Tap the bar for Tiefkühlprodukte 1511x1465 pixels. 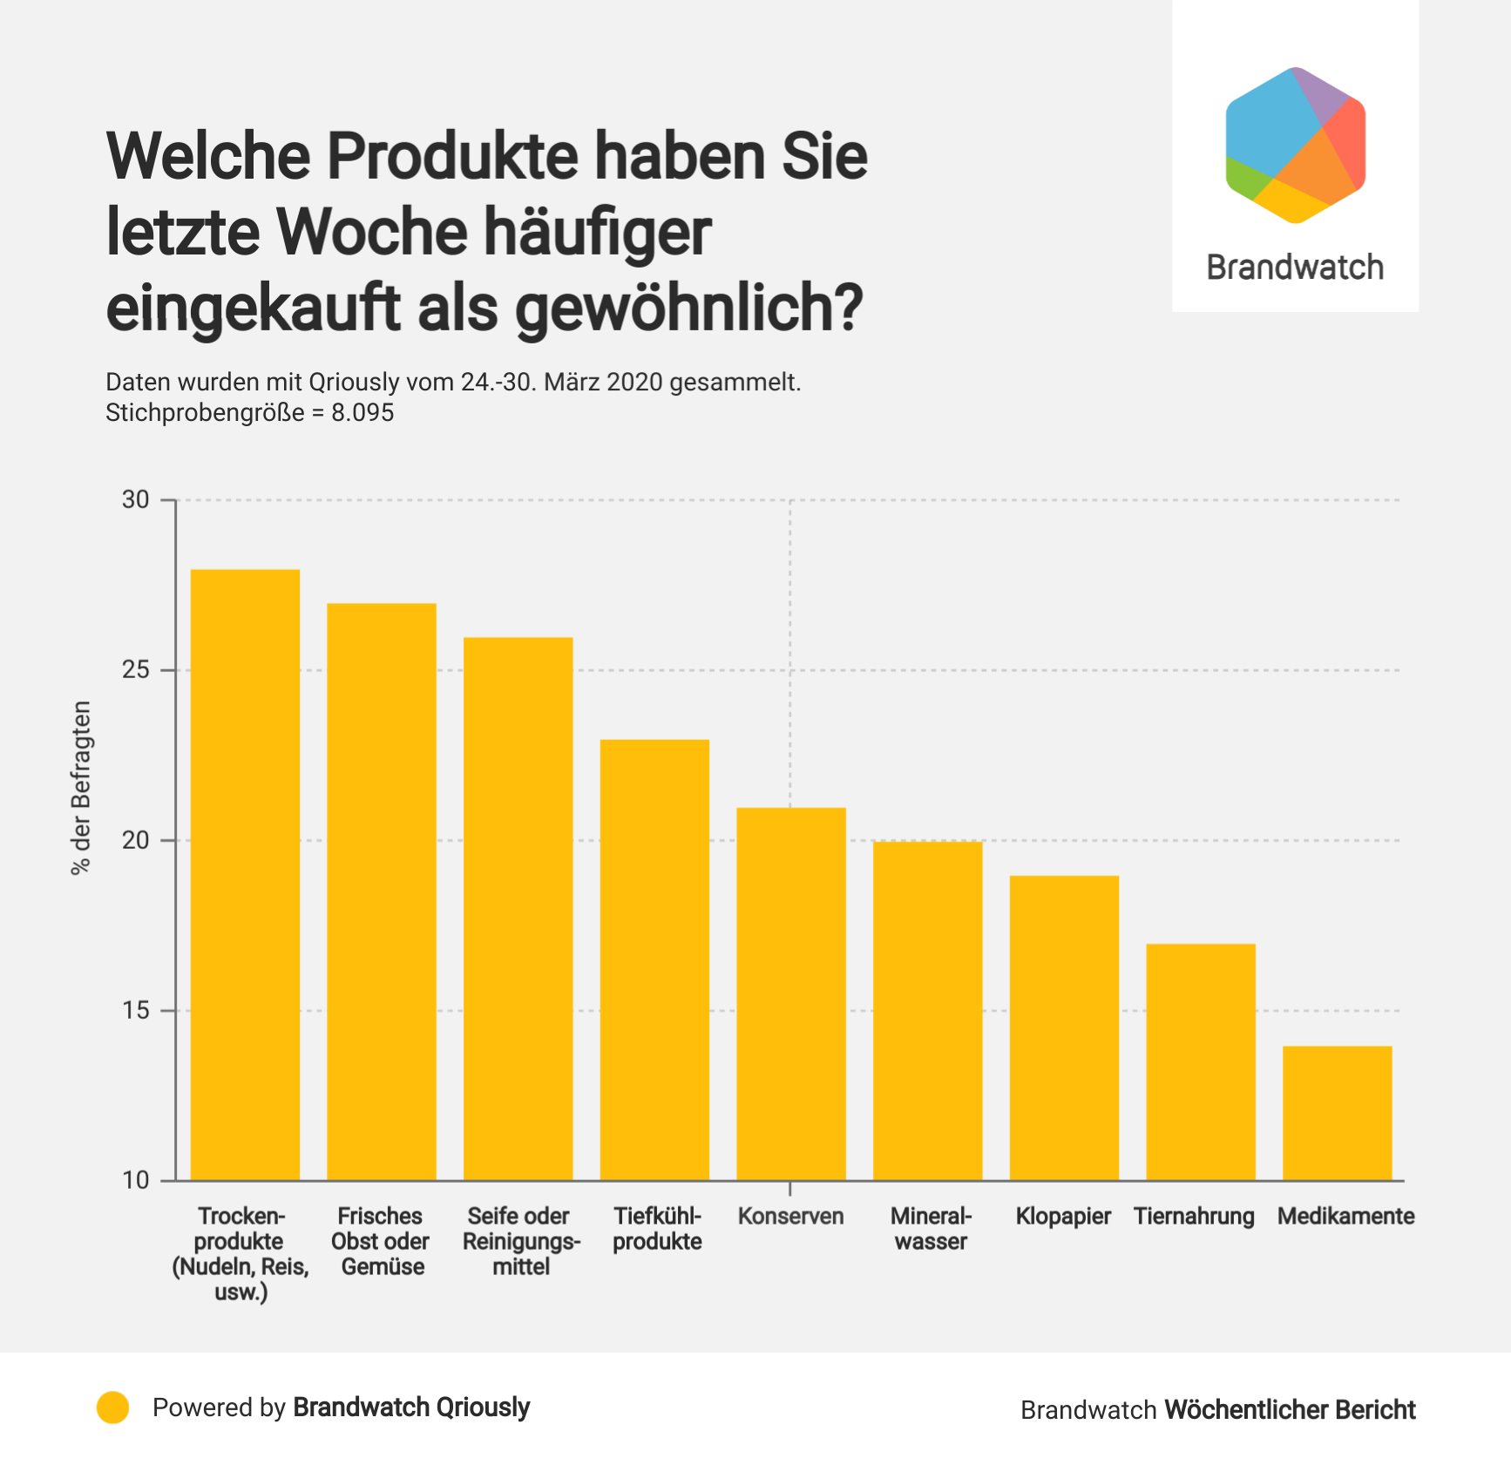654,960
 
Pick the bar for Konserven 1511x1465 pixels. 791,994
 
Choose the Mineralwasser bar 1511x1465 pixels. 927,1011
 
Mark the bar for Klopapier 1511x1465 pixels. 1064,1028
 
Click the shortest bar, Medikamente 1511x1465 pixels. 1337,1113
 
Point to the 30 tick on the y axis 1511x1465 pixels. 136,500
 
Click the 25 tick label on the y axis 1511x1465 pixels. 136,670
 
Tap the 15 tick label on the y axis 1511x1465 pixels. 136,1011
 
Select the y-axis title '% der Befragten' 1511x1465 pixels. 81,788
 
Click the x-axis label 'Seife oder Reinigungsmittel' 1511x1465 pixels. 520,1241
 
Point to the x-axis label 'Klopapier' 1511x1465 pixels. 1063,1217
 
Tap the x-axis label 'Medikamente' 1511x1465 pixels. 1345,1217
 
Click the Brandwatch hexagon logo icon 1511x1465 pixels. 1295,145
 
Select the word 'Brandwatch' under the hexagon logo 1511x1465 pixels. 1295,268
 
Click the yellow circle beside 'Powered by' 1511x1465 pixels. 113,1407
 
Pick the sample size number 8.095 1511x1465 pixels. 363,413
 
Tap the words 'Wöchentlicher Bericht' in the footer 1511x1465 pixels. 1290,1410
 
